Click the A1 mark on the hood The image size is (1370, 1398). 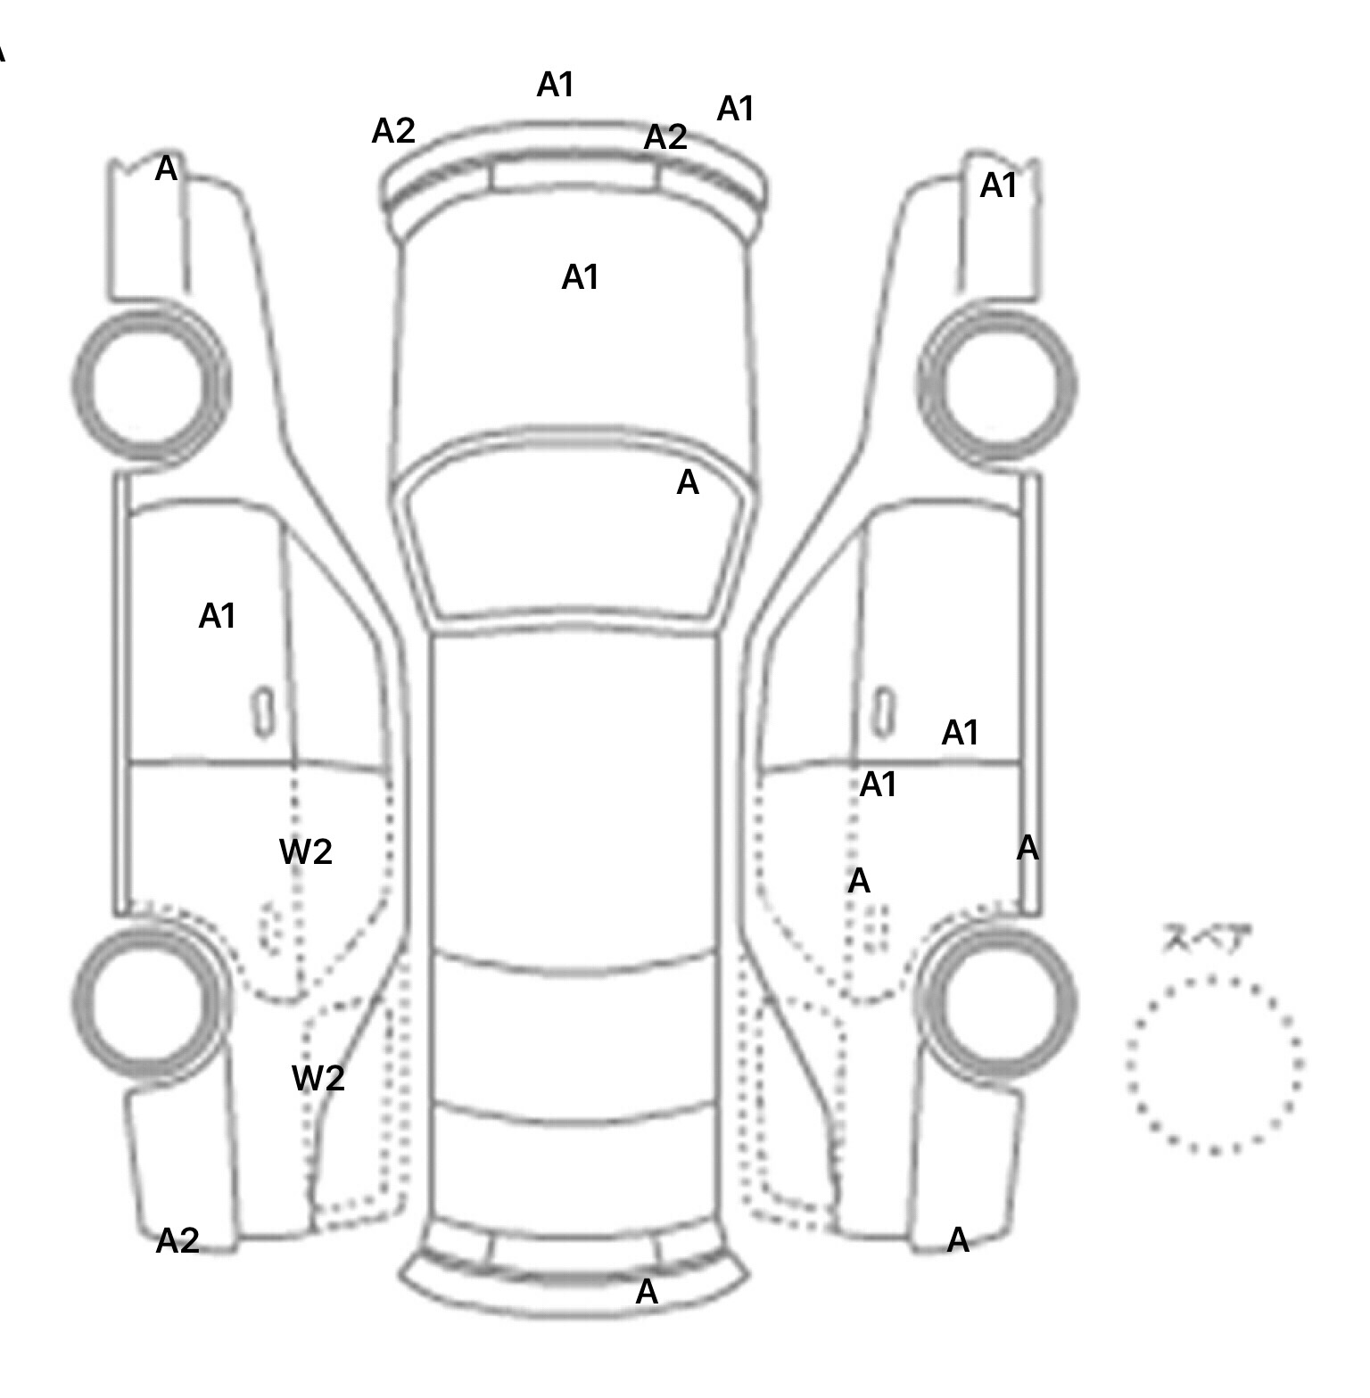[x=580, y=277]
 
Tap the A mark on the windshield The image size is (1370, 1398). [x=688, y=482]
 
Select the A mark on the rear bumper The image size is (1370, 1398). [x=647, y=1291]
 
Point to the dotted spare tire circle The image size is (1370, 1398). [x=1214, y=1064]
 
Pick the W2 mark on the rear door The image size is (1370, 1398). [x=306, y=852]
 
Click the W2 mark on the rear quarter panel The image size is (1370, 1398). [x=318, y=1079]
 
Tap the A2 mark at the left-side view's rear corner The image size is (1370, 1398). [x=177, y=1240]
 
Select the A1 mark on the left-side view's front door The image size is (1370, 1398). [x=217, y=616]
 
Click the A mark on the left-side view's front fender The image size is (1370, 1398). [x=166, y=169]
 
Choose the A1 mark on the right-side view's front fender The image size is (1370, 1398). [x=998, y=185]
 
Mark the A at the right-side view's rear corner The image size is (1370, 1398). [x=958, y=1239]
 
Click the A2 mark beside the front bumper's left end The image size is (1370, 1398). [x=393, y=131]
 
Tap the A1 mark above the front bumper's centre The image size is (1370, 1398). [x=555, y=85]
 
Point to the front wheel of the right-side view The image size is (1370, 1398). [x=997, y=385]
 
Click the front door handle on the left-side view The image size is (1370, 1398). [x=263, y=712]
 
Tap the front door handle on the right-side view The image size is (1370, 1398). [x=883, y=712]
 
